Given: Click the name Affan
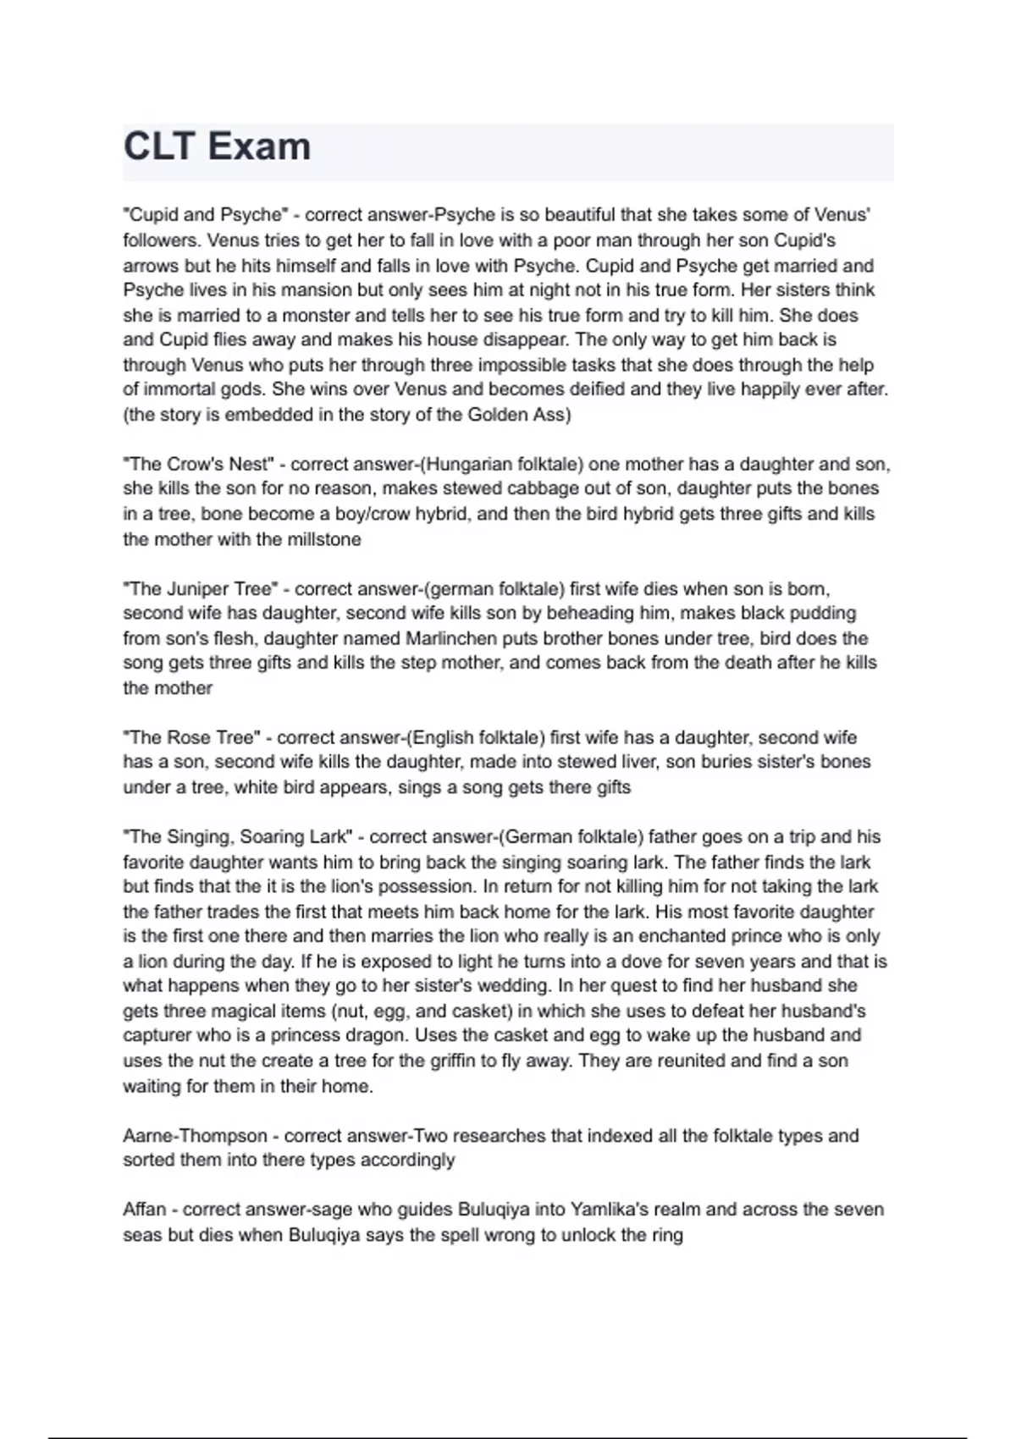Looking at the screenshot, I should coord(145,1210).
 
